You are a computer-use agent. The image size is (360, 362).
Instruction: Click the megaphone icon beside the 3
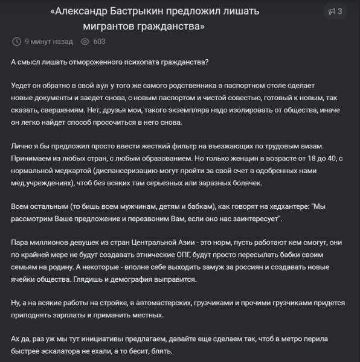331,11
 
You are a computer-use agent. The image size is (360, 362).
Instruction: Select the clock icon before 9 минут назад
16,42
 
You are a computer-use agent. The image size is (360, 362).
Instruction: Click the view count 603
100,42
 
